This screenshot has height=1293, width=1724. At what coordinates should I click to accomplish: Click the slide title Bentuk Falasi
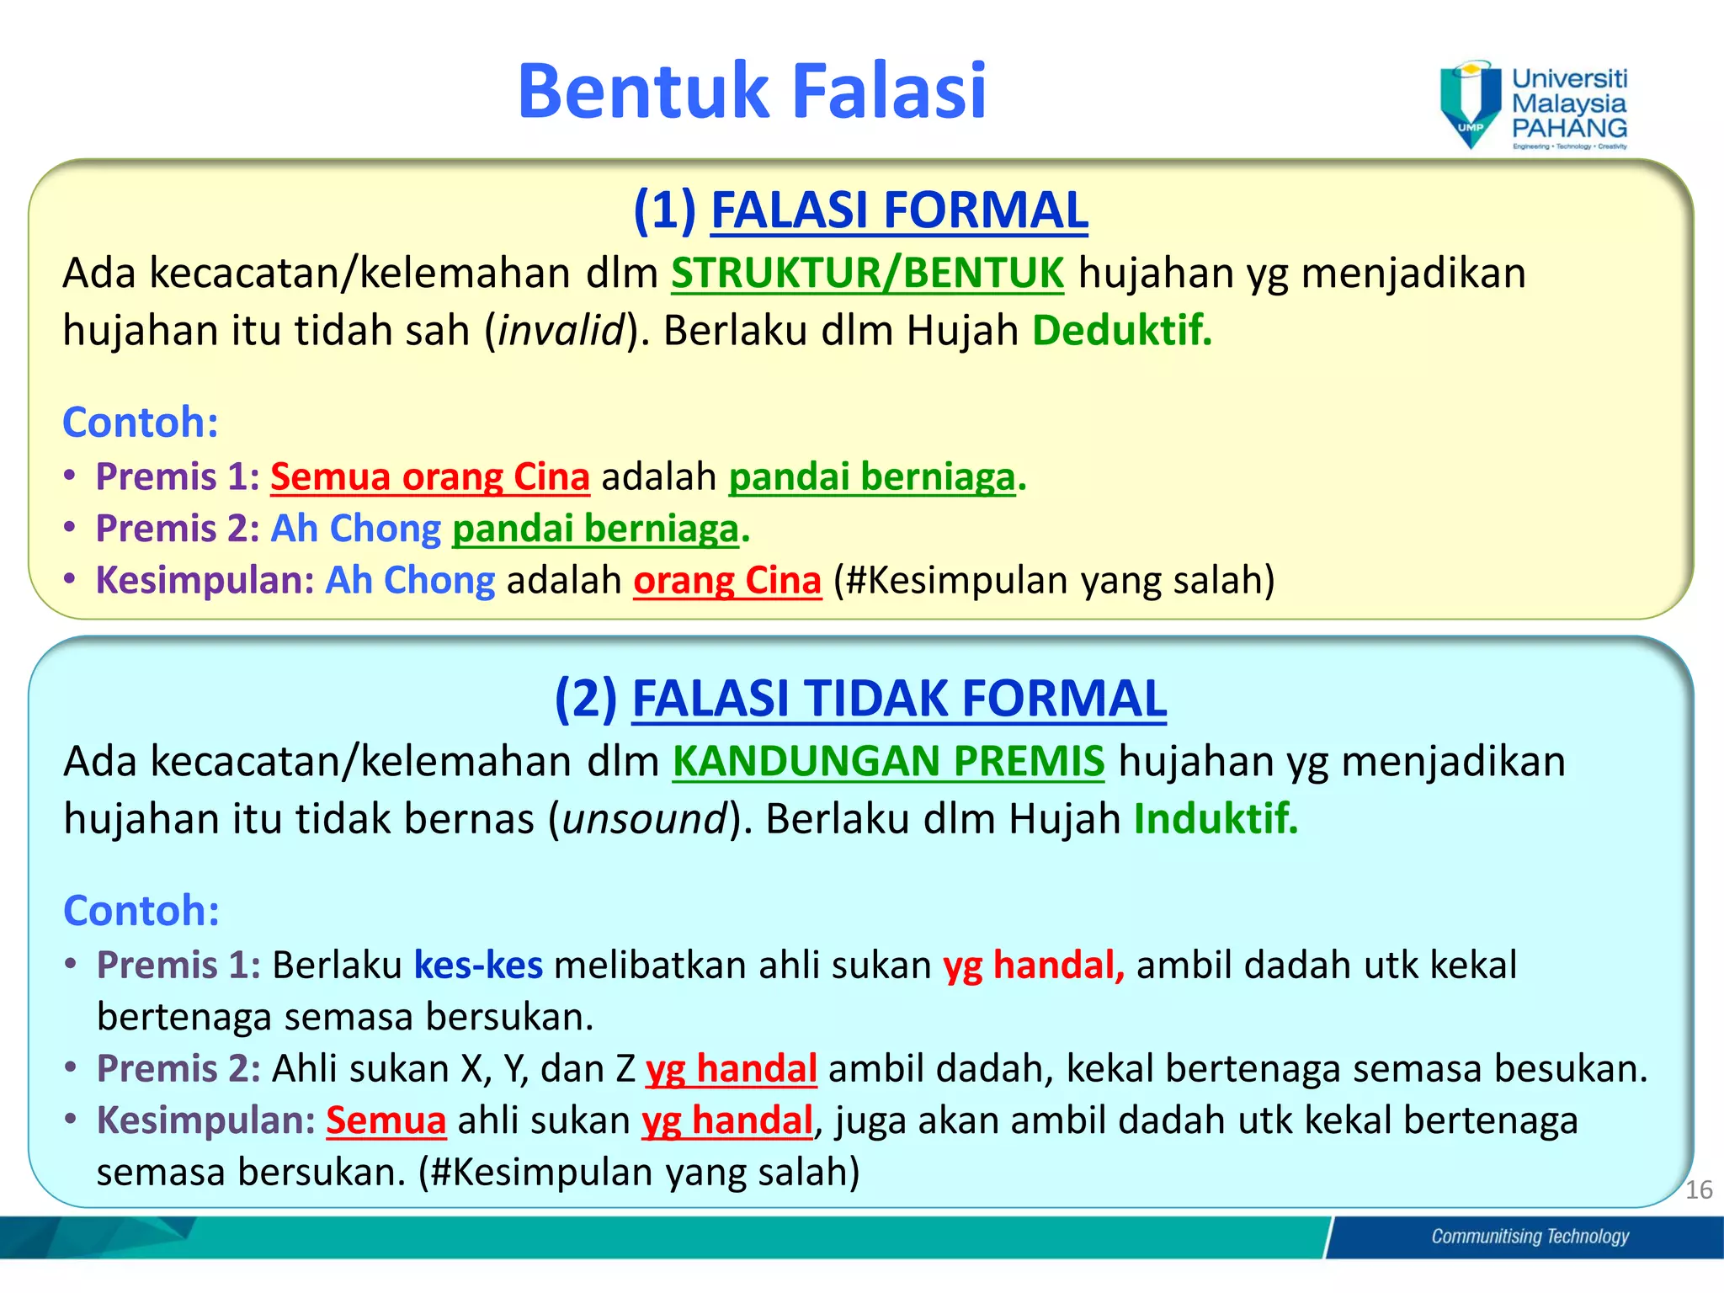(751, 91)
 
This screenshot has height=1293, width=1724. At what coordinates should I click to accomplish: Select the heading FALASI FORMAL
(899, 210)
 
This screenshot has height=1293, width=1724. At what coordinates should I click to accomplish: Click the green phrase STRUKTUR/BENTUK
(867, 274)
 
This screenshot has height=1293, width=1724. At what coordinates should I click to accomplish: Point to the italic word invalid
(561, 331)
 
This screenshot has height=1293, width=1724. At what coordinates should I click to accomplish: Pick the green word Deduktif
(1121, 330)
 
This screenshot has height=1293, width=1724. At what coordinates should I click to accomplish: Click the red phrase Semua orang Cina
(429, 477)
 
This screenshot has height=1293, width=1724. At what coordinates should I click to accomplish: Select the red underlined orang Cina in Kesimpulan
(726, 581)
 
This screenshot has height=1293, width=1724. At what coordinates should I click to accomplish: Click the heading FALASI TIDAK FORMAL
(898, 699)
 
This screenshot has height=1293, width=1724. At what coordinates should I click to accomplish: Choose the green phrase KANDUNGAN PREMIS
(888, 762)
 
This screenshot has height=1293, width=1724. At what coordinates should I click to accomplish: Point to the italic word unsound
(645, 819)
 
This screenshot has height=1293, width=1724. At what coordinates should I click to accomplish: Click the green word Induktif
(1215, 819)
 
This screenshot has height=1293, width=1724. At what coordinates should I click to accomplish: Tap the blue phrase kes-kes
(478, 966)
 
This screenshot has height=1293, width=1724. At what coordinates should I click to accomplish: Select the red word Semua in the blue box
(386, 1121)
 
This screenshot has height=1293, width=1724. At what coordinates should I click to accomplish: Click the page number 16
(1699, 1190)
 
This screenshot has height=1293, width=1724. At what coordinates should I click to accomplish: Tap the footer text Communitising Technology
(1530, 1237)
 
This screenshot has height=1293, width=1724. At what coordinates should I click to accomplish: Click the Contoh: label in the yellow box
(141, 423)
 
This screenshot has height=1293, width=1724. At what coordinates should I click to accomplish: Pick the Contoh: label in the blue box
(141, 911)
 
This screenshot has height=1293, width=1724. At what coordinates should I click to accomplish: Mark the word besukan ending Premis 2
(1569, 1069)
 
